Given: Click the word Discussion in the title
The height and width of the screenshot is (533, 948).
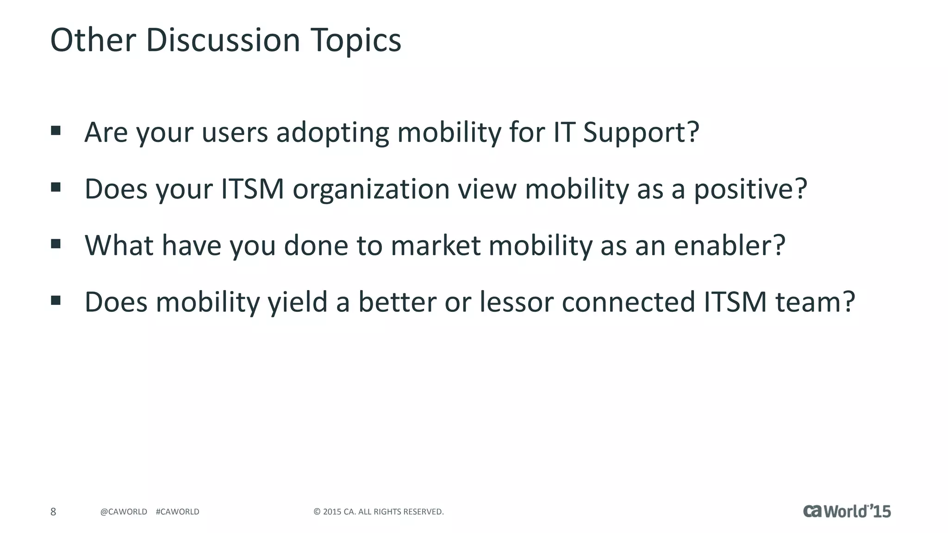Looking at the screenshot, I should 223,41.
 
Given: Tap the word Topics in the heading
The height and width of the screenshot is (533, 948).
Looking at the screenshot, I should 355,41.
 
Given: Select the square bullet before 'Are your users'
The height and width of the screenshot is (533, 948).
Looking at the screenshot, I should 56,130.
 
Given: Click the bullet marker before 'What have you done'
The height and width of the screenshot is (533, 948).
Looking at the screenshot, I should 56,243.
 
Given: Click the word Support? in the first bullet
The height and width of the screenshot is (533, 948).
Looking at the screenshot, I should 641,133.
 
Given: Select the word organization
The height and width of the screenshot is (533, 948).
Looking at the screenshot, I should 371,190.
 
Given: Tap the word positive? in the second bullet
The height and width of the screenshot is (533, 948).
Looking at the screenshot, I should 750,190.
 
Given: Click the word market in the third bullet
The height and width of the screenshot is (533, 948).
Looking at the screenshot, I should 436,246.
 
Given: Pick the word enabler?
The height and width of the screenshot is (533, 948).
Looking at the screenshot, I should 730,246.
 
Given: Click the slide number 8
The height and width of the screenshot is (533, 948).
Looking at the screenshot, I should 53,512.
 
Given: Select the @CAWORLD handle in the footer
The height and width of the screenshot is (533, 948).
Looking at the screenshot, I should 124,512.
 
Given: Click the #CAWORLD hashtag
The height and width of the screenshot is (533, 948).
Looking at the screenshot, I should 178,512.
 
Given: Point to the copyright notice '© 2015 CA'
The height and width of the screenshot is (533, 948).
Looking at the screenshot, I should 379,512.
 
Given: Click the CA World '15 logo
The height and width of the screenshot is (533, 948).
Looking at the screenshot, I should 847,511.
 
